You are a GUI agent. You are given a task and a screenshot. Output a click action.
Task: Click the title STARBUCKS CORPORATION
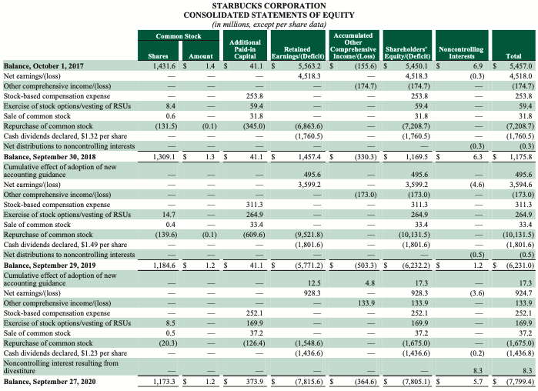(269, 6)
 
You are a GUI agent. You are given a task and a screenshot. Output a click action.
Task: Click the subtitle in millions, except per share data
(269, 25)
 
